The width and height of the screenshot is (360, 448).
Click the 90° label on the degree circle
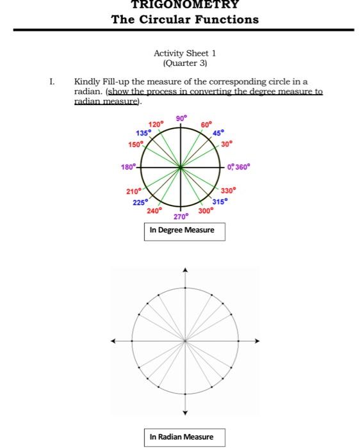[x=181, y=118]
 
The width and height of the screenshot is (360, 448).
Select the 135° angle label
[x=143, y=132]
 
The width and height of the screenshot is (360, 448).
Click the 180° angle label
[x=127, y=167]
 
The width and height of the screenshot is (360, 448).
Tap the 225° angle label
[x=140, y=202]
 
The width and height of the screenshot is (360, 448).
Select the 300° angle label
[x=206, y=209]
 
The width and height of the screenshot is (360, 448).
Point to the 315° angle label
[x=220, y=200]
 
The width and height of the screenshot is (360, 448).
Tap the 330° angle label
[x=229, y=190]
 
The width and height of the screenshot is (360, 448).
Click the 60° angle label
[x=206, y=124]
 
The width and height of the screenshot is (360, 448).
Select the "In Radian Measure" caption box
[x=181, y=437]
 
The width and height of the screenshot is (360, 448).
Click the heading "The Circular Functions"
[x=184, y=19]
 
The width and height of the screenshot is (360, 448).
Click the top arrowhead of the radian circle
[x=184, y=271]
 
